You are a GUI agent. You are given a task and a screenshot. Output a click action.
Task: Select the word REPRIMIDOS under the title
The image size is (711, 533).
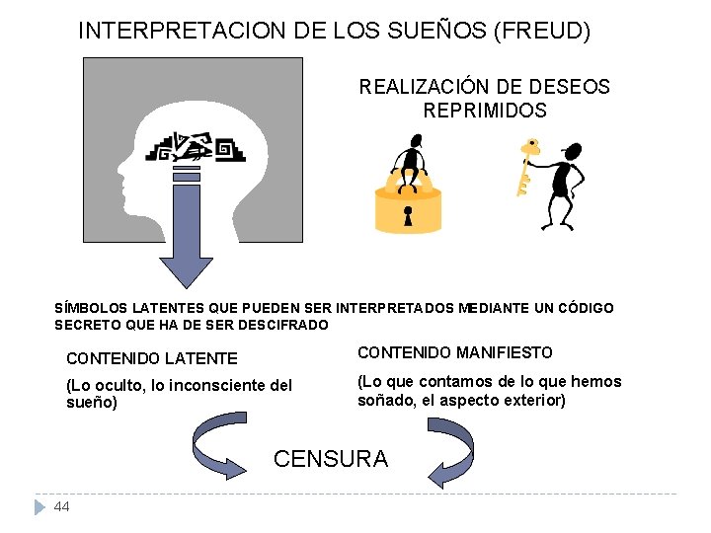coord(485,111)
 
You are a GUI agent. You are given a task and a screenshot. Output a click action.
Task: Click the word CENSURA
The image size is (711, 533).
coord(331,459)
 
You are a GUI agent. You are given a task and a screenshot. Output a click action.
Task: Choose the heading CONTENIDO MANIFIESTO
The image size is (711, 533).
coord(454,352)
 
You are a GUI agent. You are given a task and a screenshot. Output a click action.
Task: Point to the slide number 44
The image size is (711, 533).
coord(62,506)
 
